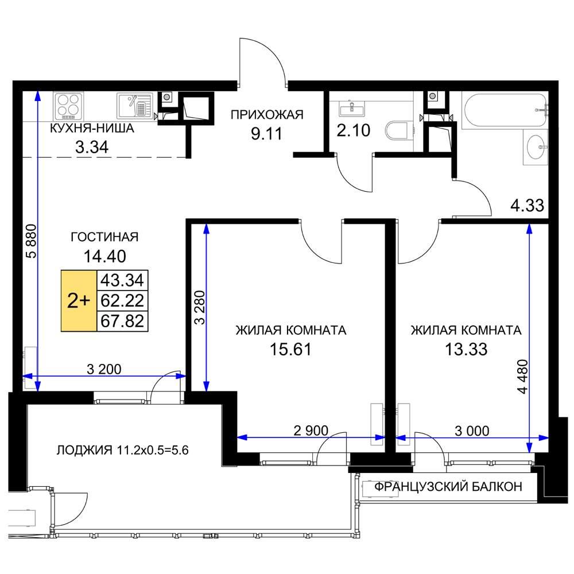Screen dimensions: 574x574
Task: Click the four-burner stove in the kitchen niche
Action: coord(68,106)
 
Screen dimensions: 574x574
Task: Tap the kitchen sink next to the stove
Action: coord(134,106)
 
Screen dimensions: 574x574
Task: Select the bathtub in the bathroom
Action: coord(505,111)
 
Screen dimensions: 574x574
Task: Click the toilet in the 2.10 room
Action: coord(398,131)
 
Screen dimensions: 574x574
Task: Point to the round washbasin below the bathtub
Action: coord(536,147)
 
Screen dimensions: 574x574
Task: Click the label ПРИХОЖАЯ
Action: coord(267,115)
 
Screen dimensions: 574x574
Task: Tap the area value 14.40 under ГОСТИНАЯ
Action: coord(104,256)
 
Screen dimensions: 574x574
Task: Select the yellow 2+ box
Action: coord(79,301)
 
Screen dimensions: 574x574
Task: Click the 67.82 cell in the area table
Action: coord(122,321)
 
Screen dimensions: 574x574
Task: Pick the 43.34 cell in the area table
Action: coord(122,281)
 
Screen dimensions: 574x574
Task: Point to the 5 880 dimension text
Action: coord(32,241)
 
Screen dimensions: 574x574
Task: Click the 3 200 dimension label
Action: coord(104,369)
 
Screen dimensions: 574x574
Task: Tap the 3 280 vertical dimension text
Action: coord(200,308)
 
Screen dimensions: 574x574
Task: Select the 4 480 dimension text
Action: coord(523,377)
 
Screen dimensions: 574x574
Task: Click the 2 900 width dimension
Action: coord(311,430)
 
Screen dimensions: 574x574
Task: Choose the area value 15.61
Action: coord(290,350)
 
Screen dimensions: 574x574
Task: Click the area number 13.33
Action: coord(466,350)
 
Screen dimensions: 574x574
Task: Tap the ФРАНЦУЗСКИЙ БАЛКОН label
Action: coord(448,487)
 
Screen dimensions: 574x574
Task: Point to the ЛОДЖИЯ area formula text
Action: coord(123,450)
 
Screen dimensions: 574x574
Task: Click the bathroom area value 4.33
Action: coord(527,205)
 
